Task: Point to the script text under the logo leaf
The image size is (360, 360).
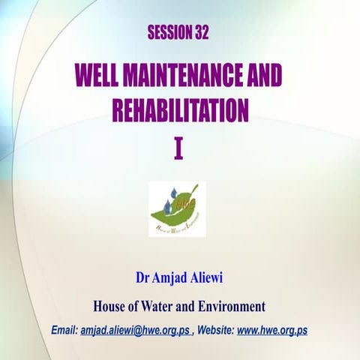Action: pos(177,226)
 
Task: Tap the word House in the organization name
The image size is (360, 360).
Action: pos(109,306)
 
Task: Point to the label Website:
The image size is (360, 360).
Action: pos(215,331)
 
